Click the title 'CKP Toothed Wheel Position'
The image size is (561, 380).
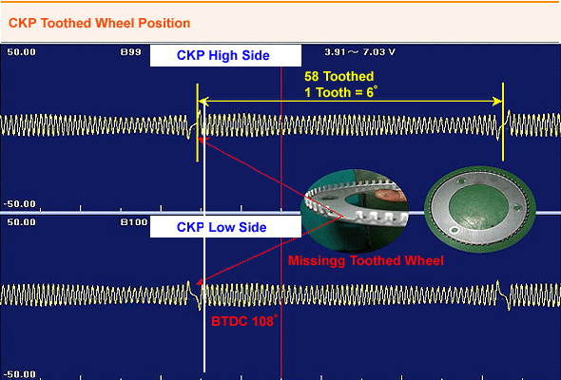pos(99,23)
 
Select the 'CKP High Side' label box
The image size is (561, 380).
pos(225,56)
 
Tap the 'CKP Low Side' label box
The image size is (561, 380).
pos(225,227)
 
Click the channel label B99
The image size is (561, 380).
pos(130,52)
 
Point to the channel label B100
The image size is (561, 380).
pos(134,222)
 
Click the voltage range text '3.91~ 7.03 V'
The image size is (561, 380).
pos(359,52)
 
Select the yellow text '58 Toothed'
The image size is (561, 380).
pos(339,76)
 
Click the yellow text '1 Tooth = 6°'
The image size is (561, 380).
pos(340,92)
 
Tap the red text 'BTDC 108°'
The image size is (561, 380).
pos(244,321)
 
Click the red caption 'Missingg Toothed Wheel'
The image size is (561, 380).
pos(366,260)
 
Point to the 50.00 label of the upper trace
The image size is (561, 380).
pos(22,52)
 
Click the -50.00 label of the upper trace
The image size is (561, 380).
pos(20,204)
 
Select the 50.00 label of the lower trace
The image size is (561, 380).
pos(22,222)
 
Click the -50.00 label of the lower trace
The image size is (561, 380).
pos(20,374)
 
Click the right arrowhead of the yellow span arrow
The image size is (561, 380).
pos(497,102)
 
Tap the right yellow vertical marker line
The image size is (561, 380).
pos(503,122)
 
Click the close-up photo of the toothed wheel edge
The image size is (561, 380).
pos(355,211)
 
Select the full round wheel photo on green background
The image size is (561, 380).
pos(480,209)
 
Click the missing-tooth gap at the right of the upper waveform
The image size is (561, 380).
pos(503,125)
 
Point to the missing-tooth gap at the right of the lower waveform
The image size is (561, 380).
pos(503,294)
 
